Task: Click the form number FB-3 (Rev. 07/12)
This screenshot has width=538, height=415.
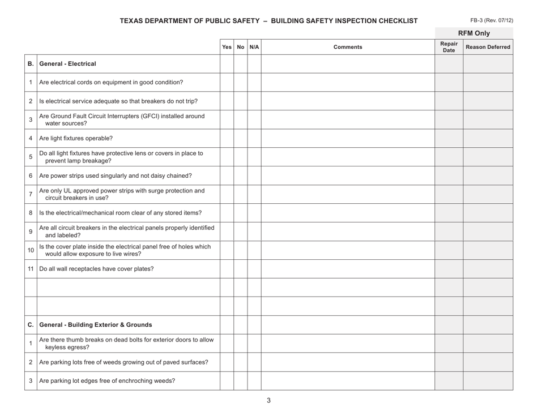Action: click(496, 20)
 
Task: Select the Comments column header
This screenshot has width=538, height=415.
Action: click(347, 48)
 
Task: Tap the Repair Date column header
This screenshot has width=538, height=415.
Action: click(449, 48)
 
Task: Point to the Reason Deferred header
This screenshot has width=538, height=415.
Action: click(488, 48)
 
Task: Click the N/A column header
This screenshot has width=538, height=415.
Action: click(254, 48)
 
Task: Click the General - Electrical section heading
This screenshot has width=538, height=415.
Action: click(67, 64)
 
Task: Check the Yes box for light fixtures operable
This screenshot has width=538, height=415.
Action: click(227, 138)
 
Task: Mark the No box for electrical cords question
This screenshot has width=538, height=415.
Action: click(241, 83)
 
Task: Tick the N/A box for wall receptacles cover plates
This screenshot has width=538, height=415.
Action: click(254, 269)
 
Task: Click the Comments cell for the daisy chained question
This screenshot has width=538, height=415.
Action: click(347, 176)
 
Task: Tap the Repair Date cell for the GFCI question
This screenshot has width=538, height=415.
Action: click(449, 120)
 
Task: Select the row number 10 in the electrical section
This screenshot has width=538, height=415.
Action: click(30, 250)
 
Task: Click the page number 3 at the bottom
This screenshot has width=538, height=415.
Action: click(269, 401)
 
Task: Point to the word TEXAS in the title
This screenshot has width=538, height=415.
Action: click(133, 21)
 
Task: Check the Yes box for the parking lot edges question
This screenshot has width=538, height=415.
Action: click(227, 380)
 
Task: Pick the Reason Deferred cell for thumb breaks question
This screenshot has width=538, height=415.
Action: click(488, 344)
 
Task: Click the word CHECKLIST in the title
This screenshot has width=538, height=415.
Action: click(398, 21)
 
